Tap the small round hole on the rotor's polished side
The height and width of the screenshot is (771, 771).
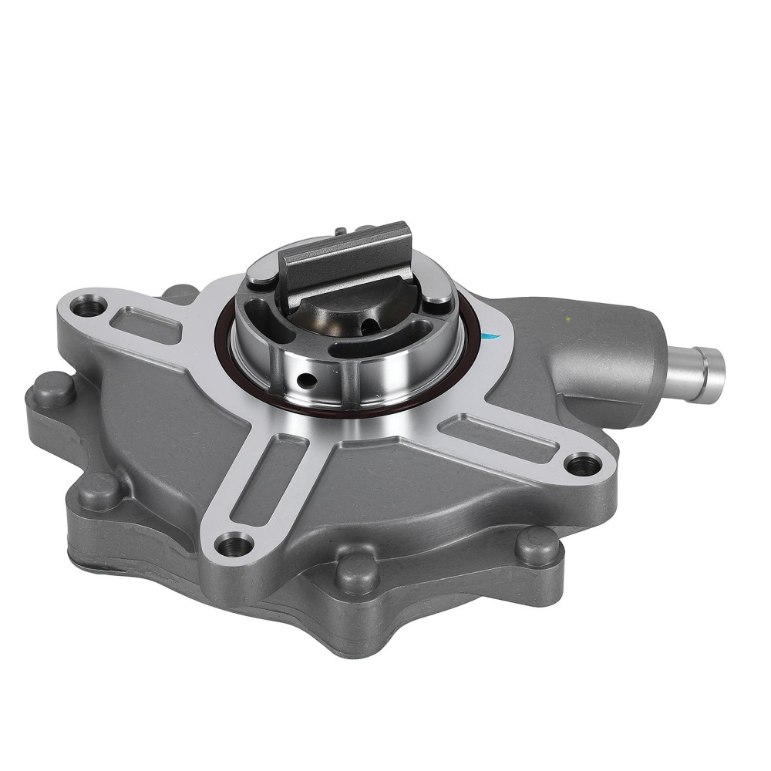(308, 379)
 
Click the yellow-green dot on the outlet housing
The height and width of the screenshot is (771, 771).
(567, 317)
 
